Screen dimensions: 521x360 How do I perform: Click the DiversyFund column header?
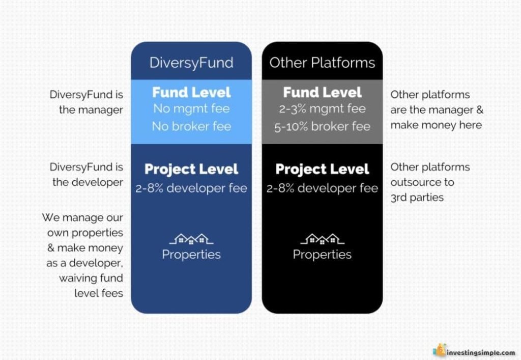click(x=191, y=63)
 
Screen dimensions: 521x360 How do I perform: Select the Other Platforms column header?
click(x=322, y=63)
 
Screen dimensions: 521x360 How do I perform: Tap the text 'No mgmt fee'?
click(x=191, y=108)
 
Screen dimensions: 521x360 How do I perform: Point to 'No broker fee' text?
click(x=191, y=126)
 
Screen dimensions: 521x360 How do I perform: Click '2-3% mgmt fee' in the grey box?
click(x=322, y=108)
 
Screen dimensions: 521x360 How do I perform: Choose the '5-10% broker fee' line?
click(x=322, y=126)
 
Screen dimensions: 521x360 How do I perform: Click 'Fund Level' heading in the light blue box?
click(x=191, y=92)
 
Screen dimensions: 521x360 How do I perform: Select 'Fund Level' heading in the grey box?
click(x=322, y=92)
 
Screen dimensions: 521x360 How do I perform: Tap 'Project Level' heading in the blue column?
click(x=191, y=169)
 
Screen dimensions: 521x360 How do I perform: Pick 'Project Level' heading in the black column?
click(x=322, y=169)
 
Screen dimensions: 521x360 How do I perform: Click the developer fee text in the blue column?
click(x=191, y=188)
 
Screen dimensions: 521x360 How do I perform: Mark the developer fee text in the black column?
click(x=322, y=188)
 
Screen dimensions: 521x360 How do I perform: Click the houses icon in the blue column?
click(x=191, y=239)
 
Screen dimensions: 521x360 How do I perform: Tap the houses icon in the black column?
click(x=322, y=239)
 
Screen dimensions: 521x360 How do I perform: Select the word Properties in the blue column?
click(x=191, y=255)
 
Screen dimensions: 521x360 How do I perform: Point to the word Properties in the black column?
click(x=322, y=255)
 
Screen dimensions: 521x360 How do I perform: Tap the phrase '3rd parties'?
click(x=417, y=198)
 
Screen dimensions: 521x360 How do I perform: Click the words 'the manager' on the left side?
click(x=91, y=109)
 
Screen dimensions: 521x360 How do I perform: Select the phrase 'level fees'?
click(x=98, y=293)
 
